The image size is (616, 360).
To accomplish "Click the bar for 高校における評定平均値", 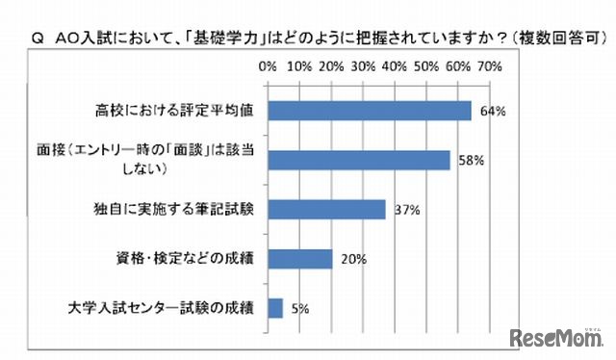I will pos(370,110).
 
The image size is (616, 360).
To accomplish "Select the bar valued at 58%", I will pos(359,160).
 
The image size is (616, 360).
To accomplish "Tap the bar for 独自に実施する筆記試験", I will pos(326,209).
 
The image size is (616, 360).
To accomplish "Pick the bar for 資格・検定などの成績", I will pos(300,258).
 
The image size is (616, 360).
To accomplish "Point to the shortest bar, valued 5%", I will pos(275,308).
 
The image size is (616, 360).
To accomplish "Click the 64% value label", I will pos(493,111).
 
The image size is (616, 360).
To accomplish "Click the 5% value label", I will pos(300,309).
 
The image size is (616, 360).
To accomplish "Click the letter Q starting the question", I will pos(38,39).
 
